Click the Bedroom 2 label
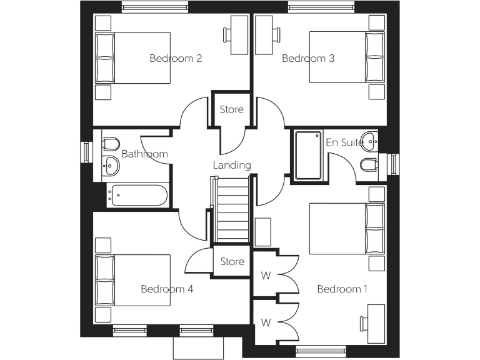coord(176,59)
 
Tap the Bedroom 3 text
coord(308,59)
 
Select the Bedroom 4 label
coord(167,289)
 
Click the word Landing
coord(232,166)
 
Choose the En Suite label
coord(344,142)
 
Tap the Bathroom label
coord(144,154)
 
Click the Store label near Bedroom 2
coord(231,110)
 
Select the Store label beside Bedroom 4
coord(231,261)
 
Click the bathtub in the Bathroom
coord(137,196)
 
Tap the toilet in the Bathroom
coord(111,144)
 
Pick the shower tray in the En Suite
coord(307,156)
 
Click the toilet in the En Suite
coord(369,164)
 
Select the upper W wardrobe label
coord(266,274)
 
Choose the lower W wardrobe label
coord(266,322)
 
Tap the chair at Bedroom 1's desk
coord(363,324)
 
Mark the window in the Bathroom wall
coord(86,152)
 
